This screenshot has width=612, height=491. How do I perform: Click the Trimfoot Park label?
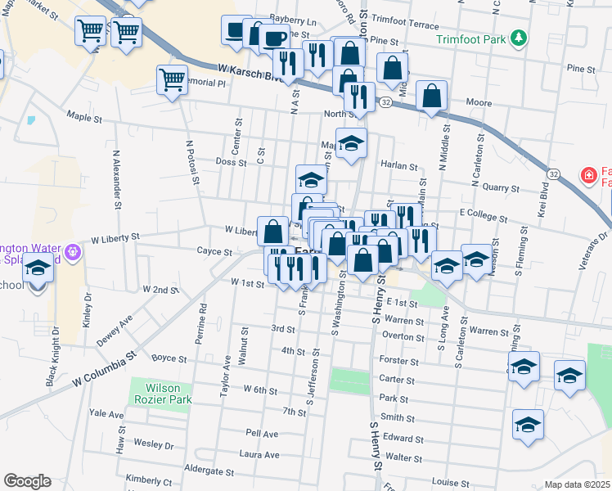point(471,38)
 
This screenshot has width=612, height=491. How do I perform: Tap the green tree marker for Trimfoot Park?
point(517,38)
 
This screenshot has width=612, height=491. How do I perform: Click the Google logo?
point(27,481)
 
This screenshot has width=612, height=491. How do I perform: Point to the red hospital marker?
point(587,174)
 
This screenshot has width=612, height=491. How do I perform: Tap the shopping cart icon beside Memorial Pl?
point(172,80)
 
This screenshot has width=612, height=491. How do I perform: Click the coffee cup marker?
point(274,37)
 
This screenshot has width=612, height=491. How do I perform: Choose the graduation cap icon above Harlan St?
point(352,143)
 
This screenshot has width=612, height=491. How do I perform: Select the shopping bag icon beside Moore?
point(431,96)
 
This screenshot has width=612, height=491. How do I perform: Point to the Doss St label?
point(230,162)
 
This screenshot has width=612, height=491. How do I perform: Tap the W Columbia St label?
point(102,370)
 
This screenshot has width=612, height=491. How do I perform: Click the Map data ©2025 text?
point(577,484)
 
